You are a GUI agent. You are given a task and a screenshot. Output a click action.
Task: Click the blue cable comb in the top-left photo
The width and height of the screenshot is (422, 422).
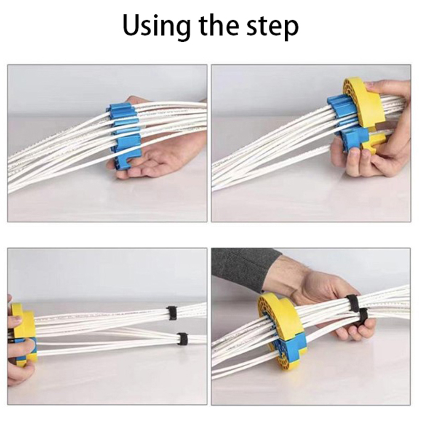click(124, 135)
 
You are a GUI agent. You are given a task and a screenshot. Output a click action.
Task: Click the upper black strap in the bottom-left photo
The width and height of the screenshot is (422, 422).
click(171, 313)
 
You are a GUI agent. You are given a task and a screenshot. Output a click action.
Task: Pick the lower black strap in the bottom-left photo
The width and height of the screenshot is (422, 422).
click(182, 339)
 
